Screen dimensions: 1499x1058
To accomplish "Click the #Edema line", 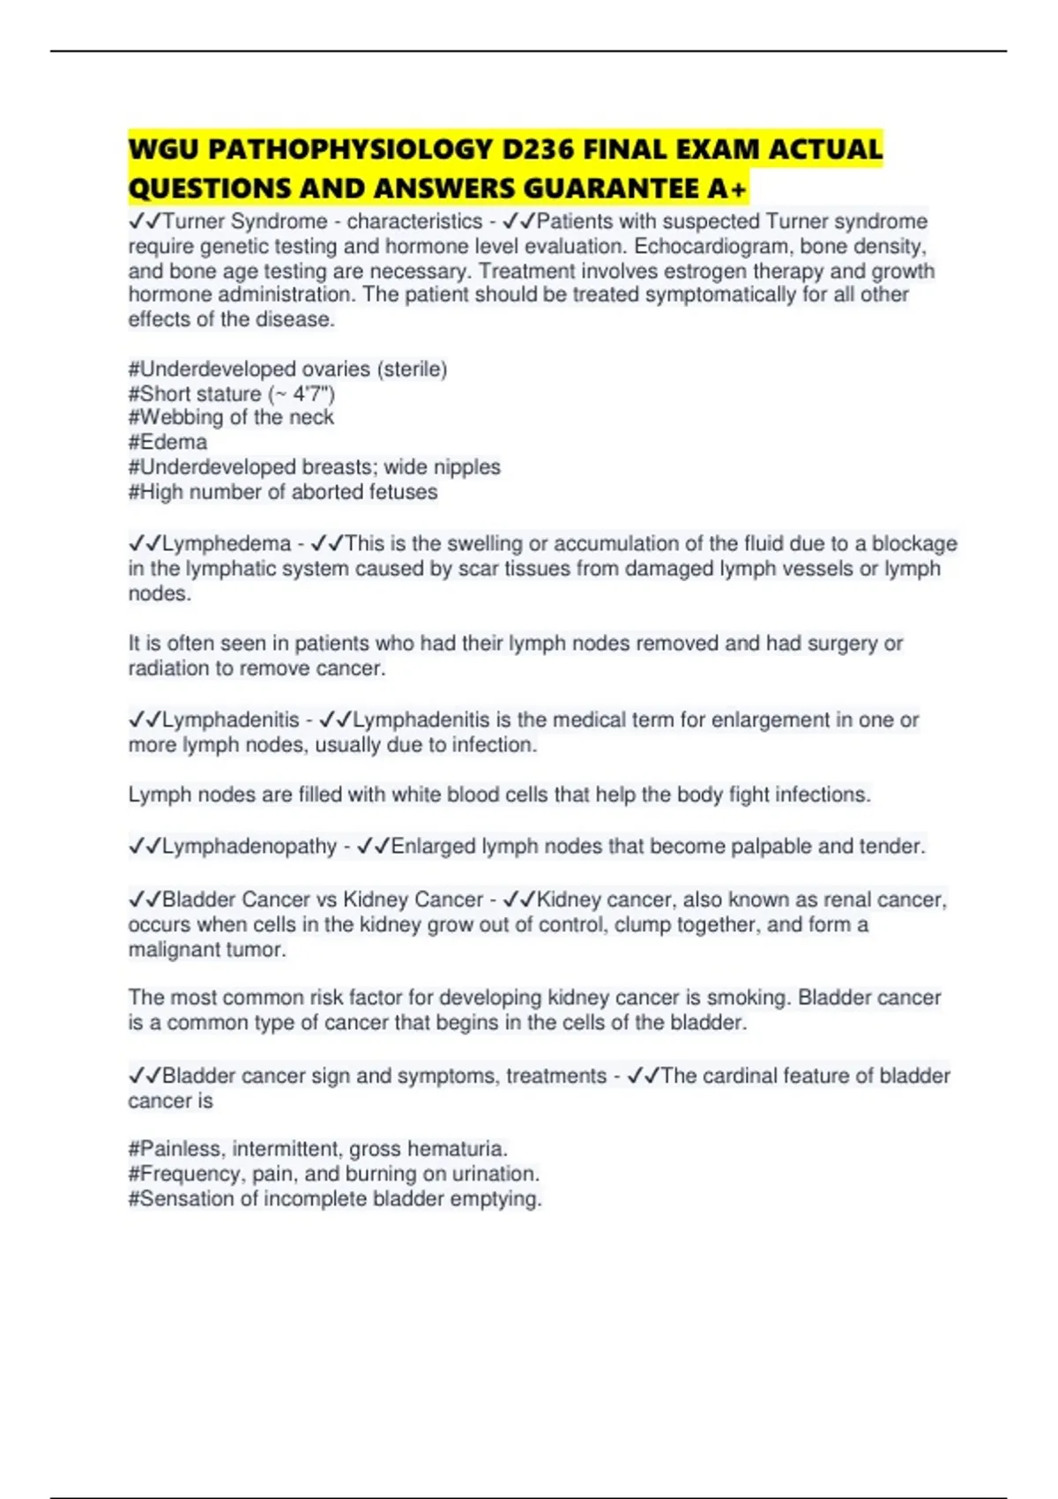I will point(168,442).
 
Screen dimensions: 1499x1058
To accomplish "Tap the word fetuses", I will point(402,492).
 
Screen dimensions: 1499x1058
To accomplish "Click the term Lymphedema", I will point(227,543).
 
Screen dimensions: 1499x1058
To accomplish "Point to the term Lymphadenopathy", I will point(250,846).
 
